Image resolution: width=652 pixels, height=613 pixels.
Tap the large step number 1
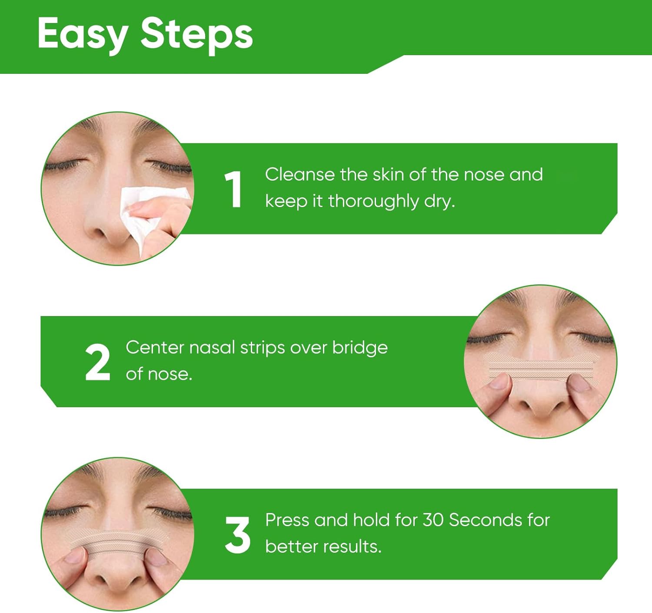[x=233, y=190]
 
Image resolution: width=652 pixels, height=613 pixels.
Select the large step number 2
[x=97, y=363]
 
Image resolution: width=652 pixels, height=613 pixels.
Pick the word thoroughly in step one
[x=373, y=201]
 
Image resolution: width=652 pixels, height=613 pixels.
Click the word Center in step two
[x=155, y=347]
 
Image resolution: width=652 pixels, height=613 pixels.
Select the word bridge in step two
[x=360, y=348]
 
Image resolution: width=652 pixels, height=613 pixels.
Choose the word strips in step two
[x=262, y=348]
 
